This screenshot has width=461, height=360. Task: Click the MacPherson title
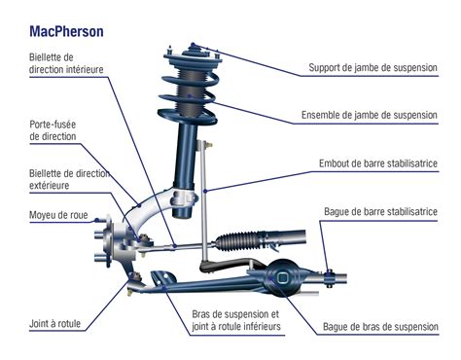click(x=67, y=30)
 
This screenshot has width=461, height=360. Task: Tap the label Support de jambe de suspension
click(x=374, y=69)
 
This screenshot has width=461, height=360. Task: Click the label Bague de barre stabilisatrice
click(x=380, y=211)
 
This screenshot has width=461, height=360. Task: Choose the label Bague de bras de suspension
click(x=380, y=327)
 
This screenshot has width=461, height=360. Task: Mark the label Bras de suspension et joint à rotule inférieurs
click(x=234, y=321)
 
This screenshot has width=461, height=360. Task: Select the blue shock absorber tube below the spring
click(x=185, y=156)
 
